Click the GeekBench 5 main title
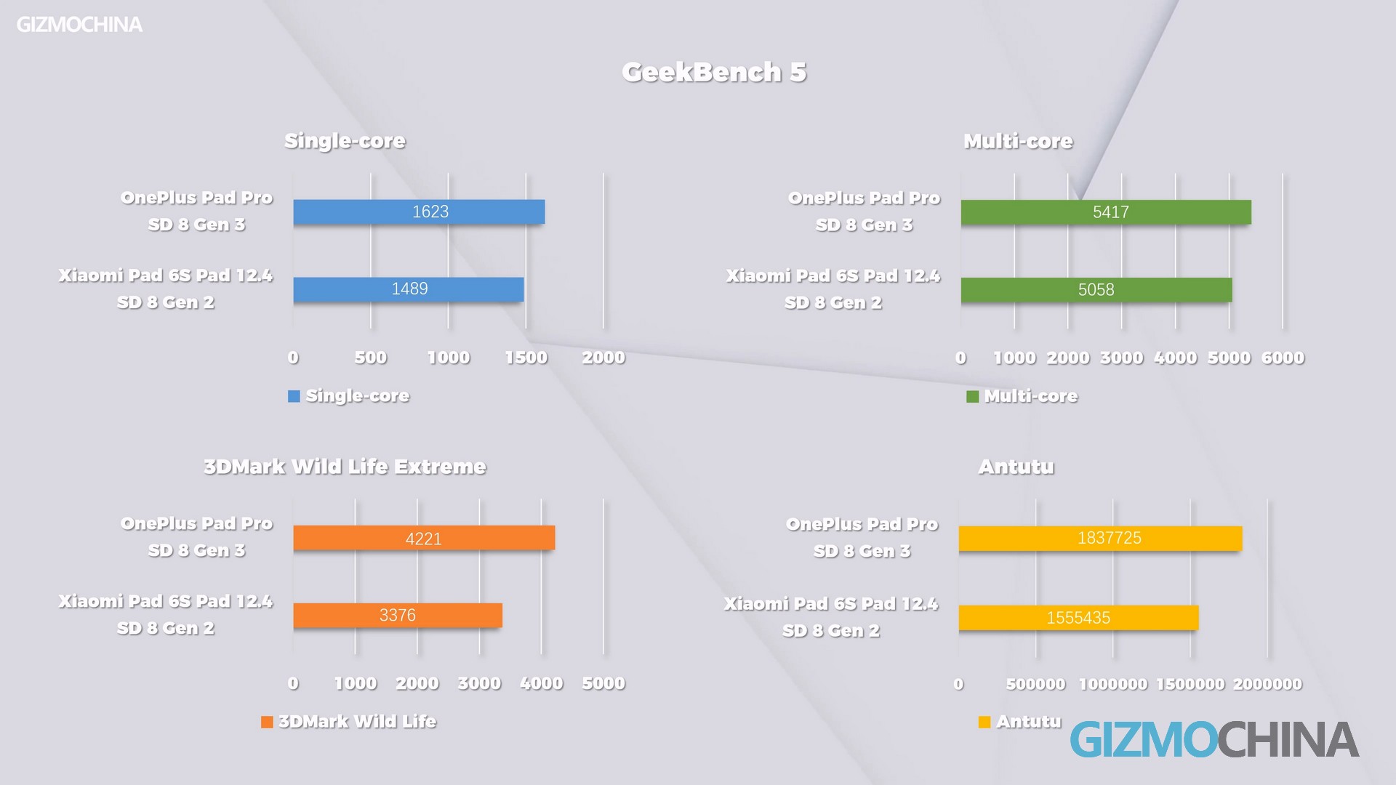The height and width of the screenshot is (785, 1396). [x=714, y=72]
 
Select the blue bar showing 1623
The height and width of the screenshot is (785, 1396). [x=419, y=212]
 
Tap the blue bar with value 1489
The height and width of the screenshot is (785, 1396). [x=408, y=289]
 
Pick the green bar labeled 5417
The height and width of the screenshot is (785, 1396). [x=1105, y=212]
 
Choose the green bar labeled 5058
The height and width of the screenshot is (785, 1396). [x=1096, y=290]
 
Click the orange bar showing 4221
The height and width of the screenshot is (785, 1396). [x=424, y=538]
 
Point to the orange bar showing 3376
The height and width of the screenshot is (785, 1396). [x=397, y=616]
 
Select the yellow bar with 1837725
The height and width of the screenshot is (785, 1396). [x=1099, y=539]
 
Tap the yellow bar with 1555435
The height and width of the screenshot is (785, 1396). [x=1078, y=618]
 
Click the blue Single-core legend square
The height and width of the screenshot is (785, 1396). [x=294, y=396]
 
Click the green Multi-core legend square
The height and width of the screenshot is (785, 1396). [x=972, y=397]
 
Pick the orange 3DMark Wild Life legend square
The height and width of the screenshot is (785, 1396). [x=267, y=722]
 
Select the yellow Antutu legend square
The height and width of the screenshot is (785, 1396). [x=984, y=722]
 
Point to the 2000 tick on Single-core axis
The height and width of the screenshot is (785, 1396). [x=603, y=358]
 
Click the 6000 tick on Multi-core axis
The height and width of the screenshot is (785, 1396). [x=1283, y=358]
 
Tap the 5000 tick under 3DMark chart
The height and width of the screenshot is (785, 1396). [x=603, y=683]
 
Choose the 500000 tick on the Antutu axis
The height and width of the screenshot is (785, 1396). [x=1035, y=684]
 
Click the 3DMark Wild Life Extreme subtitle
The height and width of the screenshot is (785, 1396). [x=345, y=467]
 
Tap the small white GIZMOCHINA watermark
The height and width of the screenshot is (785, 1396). [x=79, y=25]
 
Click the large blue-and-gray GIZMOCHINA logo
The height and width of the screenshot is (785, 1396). [x=1214, y=740]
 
